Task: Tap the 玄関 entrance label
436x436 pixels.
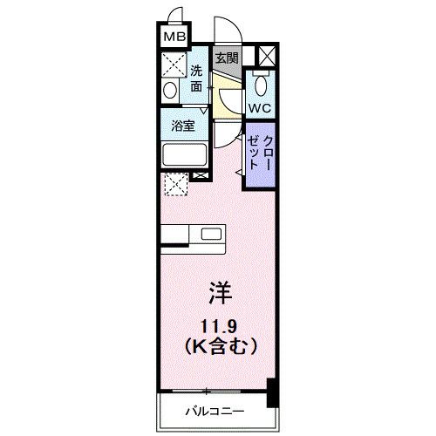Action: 227,58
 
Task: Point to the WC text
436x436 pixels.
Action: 259,107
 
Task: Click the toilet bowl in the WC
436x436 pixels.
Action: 260,85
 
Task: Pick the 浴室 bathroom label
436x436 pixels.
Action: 183,125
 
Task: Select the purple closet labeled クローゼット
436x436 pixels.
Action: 261,153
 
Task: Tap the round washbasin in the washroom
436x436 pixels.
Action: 171,91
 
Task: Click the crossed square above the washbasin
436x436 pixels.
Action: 171,65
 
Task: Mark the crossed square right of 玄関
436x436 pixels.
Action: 265,57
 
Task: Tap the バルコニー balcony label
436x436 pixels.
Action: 214,410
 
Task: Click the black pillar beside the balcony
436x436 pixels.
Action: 271,392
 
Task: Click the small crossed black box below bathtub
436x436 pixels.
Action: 201,176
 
